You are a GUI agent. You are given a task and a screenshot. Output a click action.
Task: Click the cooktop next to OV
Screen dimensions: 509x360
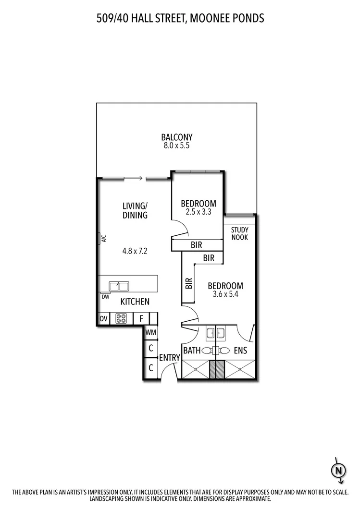pyautogui.click(x=121, y=318)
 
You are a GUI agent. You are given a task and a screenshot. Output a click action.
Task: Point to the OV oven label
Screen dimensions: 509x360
pyautogui.click(x=103, y=318)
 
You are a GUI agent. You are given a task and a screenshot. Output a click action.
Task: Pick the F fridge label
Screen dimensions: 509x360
pyautogui.click(x=141, y=318)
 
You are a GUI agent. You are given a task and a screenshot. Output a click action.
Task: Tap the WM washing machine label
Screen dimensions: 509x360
pyautogui.click(x=150, y=332)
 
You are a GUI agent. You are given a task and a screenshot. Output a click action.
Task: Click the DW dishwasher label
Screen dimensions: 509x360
pyautogui.click(x=105, y=296)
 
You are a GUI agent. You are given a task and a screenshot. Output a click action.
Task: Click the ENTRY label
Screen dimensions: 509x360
pyautogui.click(x=169, y=357)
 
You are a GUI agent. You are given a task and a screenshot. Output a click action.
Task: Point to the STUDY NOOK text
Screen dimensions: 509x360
pyautogui.click(x=239, y=233)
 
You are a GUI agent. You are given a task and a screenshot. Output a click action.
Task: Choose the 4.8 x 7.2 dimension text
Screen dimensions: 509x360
pyautogui.click(x=134, y=251)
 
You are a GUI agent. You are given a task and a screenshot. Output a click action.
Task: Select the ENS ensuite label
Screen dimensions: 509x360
pyautogui.click(x=240, y=351)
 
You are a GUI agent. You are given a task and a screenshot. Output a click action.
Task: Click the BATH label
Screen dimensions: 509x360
pyautogui.click(x=192, y=351)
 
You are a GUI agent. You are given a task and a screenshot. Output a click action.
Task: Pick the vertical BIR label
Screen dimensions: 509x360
pyautogui.click(x=188, y=283)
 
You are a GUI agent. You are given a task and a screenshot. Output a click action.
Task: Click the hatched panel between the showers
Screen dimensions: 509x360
pyautogui.click(x=217, y=370)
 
